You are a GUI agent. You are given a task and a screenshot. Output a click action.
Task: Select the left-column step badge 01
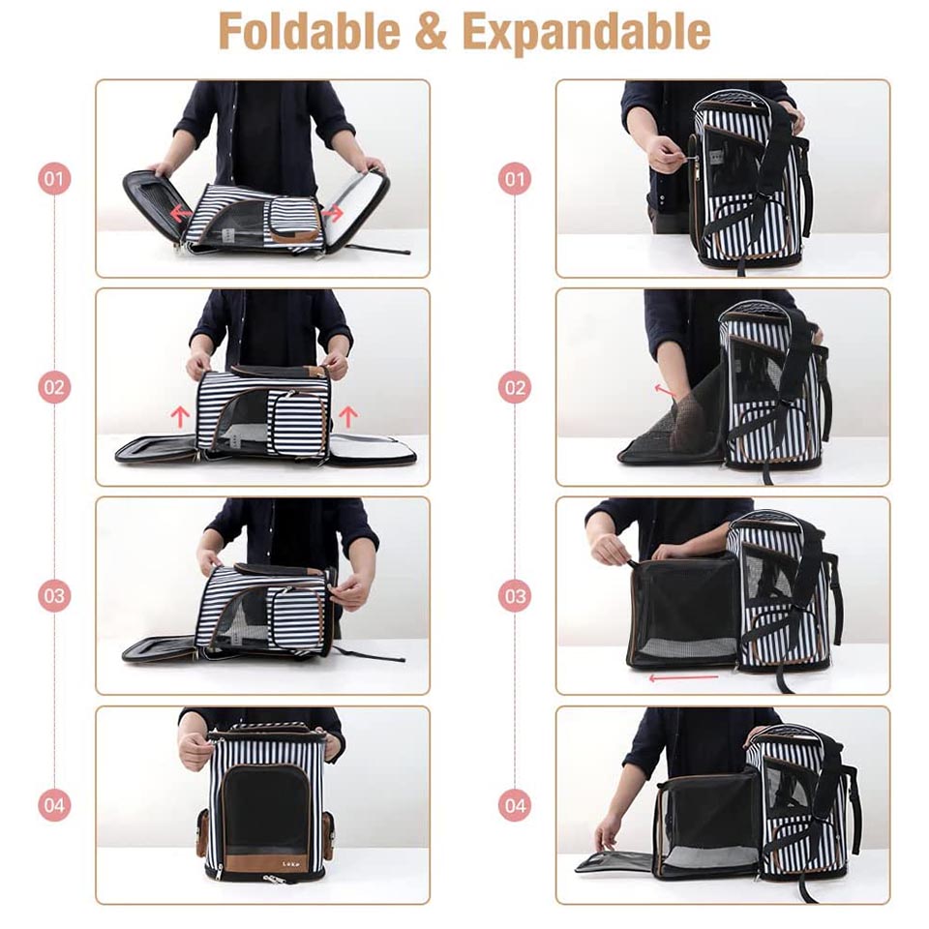[x=54, y=178]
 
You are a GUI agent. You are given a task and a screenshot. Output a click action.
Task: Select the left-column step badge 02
[x=54, y=387]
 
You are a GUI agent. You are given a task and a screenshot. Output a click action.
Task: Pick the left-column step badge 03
[x=54, y=595]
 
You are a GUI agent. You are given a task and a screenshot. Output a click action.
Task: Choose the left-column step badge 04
[x=54, y=804]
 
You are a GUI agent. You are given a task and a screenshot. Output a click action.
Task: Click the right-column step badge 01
[x=515, y=178]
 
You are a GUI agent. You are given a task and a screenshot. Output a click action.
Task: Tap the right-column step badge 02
[x=515, y=387]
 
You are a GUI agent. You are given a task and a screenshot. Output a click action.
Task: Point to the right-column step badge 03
[x=515, y=595]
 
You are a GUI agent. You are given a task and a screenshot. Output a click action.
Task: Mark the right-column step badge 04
[x=515, y=804]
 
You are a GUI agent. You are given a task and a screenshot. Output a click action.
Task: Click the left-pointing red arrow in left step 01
[x=180, y=213]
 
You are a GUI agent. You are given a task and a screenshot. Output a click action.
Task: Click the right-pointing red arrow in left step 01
[x=333, y=213]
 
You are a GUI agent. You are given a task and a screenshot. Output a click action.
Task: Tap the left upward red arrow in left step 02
[x=180, y=416]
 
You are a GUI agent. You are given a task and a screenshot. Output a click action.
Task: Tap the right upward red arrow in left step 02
[x=348, y=416]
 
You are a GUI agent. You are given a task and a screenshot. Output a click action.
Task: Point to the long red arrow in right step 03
[x=684, y=677]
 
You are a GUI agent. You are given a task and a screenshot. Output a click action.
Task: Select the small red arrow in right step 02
[x=665, y=390]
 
